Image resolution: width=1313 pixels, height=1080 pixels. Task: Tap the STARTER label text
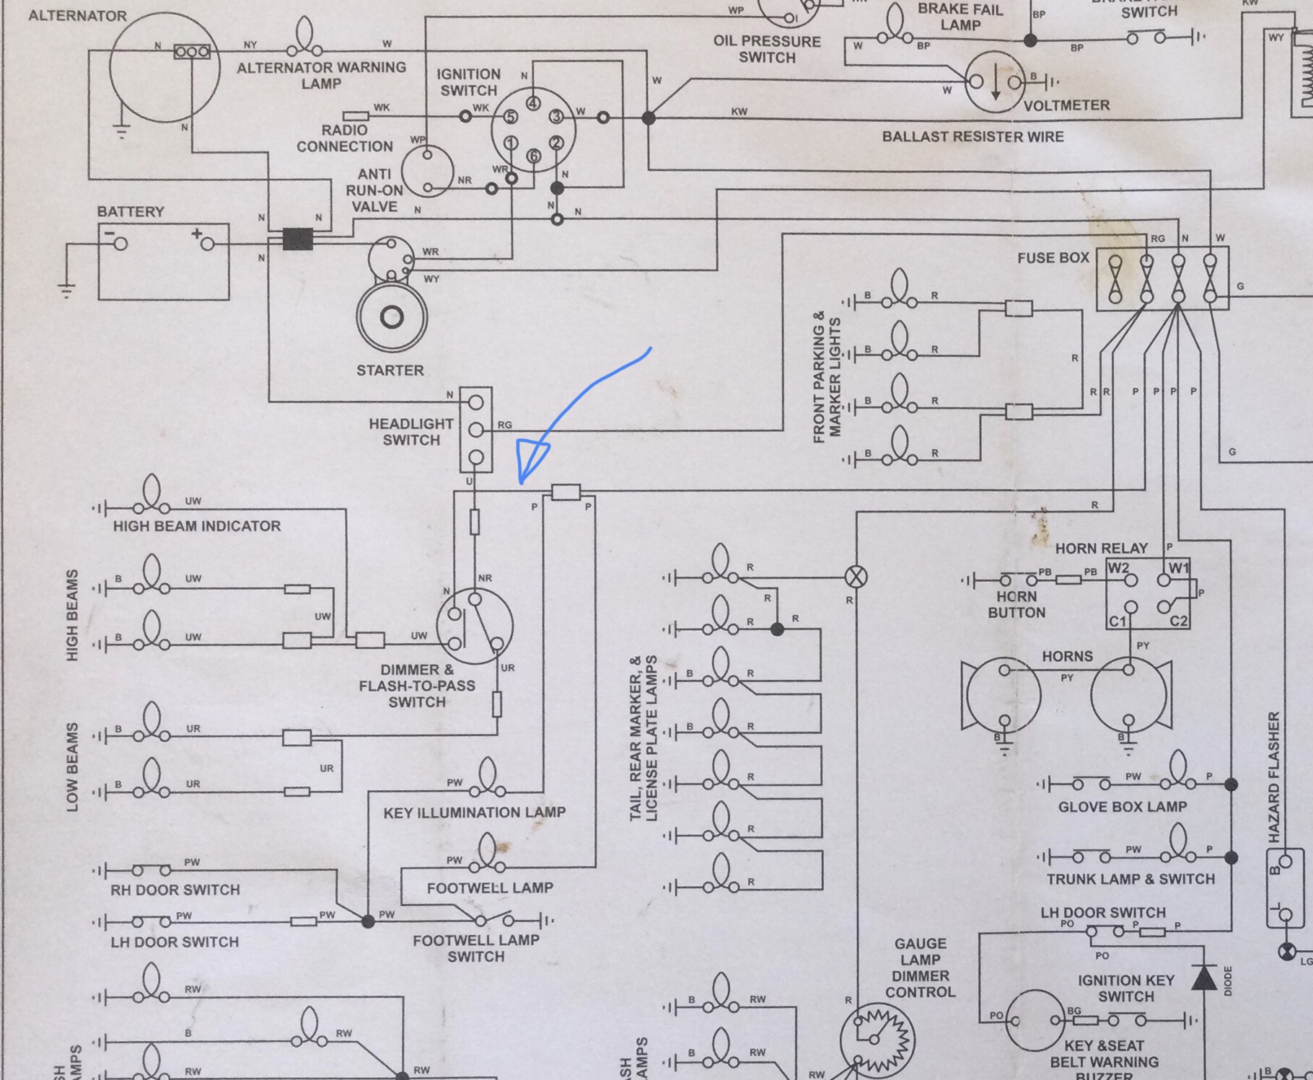click(390, 371)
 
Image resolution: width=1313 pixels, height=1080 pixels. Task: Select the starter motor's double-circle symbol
click(392, 317)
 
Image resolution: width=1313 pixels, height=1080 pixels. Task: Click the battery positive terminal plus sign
click(196, 234)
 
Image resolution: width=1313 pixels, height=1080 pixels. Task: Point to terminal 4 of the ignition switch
click(533, 103)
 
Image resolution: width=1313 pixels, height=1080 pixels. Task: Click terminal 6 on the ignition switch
click(533, 156)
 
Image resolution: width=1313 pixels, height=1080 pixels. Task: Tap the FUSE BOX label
click(1053, 258)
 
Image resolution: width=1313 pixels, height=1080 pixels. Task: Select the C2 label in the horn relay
click(1178, 621)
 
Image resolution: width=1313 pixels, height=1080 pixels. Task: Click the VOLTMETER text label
click(1066, 105)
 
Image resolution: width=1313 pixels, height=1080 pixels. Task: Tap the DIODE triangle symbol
click(1203, 978)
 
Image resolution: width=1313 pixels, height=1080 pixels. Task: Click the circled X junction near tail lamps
click(856, 577)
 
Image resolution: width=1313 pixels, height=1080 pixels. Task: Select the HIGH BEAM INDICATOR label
click(197, 526)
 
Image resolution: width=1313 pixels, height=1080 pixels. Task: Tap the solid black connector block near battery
click(297, 239)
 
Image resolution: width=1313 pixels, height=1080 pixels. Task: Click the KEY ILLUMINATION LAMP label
click(474, 813)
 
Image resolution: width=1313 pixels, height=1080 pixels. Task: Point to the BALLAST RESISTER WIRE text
click(972, 137)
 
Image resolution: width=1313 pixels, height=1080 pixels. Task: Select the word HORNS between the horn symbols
click(1067, 657)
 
